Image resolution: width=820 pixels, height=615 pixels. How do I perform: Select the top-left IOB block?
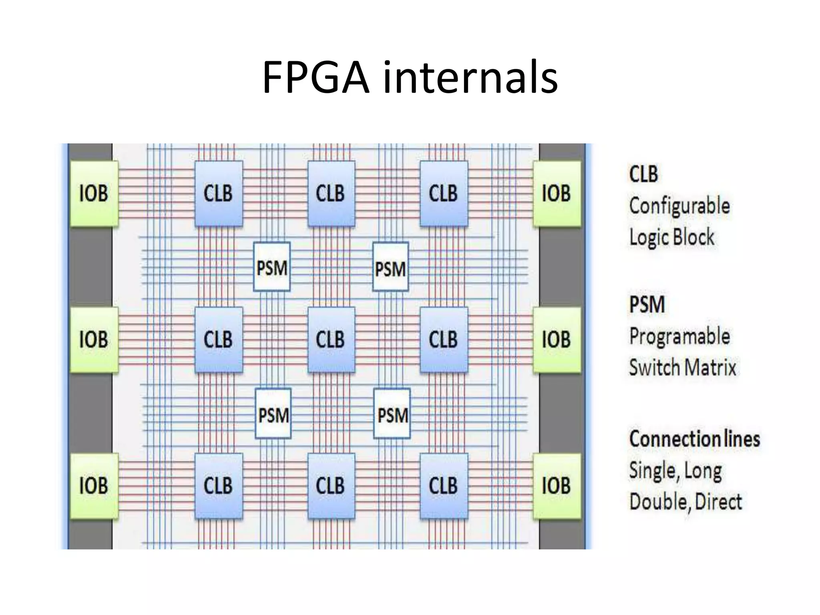(94, 194)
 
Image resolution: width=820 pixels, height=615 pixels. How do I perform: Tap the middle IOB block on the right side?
(557, 340)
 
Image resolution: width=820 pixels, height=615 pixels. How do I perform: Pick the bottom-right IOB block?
(557, 486)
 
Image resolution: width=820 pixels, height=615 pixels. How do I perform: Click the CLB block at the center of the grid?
(331, 340)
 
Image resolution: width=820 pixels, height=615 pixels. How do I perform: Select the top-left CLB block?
(218, 194)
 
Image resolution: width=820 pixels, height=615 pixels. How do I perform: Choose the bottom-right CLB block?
(444, 486)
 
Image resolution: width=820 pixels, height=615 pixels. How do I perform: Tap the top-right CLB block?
(444, 194)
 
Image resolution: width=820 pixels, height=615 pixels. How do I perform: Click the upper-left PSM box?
(272, 267)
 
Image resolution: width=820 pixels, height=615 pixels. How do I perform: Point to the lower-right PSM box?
(392, 414)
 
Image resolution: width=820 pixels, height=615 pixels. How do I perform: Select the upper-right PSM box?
(390, 267)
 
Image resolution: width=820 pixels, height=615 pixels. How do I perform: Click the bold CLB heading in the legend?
(643, 175)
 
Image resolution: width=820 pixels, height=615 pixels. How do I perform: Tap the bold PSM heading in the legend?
(647, 305)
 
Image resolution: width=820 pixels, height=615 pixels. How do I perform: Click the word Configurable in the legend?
(679, 206)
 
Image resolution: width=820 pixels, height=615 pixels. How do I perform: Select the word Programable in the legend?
(679, 336)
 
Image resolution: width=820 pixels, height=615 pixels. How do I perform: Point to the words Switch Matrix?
(683, 368)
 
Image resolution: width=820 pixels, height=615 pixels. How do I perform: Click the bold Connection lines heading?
(694, 439)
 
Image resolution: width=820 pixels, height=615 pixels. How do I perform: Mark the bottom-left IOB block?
(94, 486)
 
